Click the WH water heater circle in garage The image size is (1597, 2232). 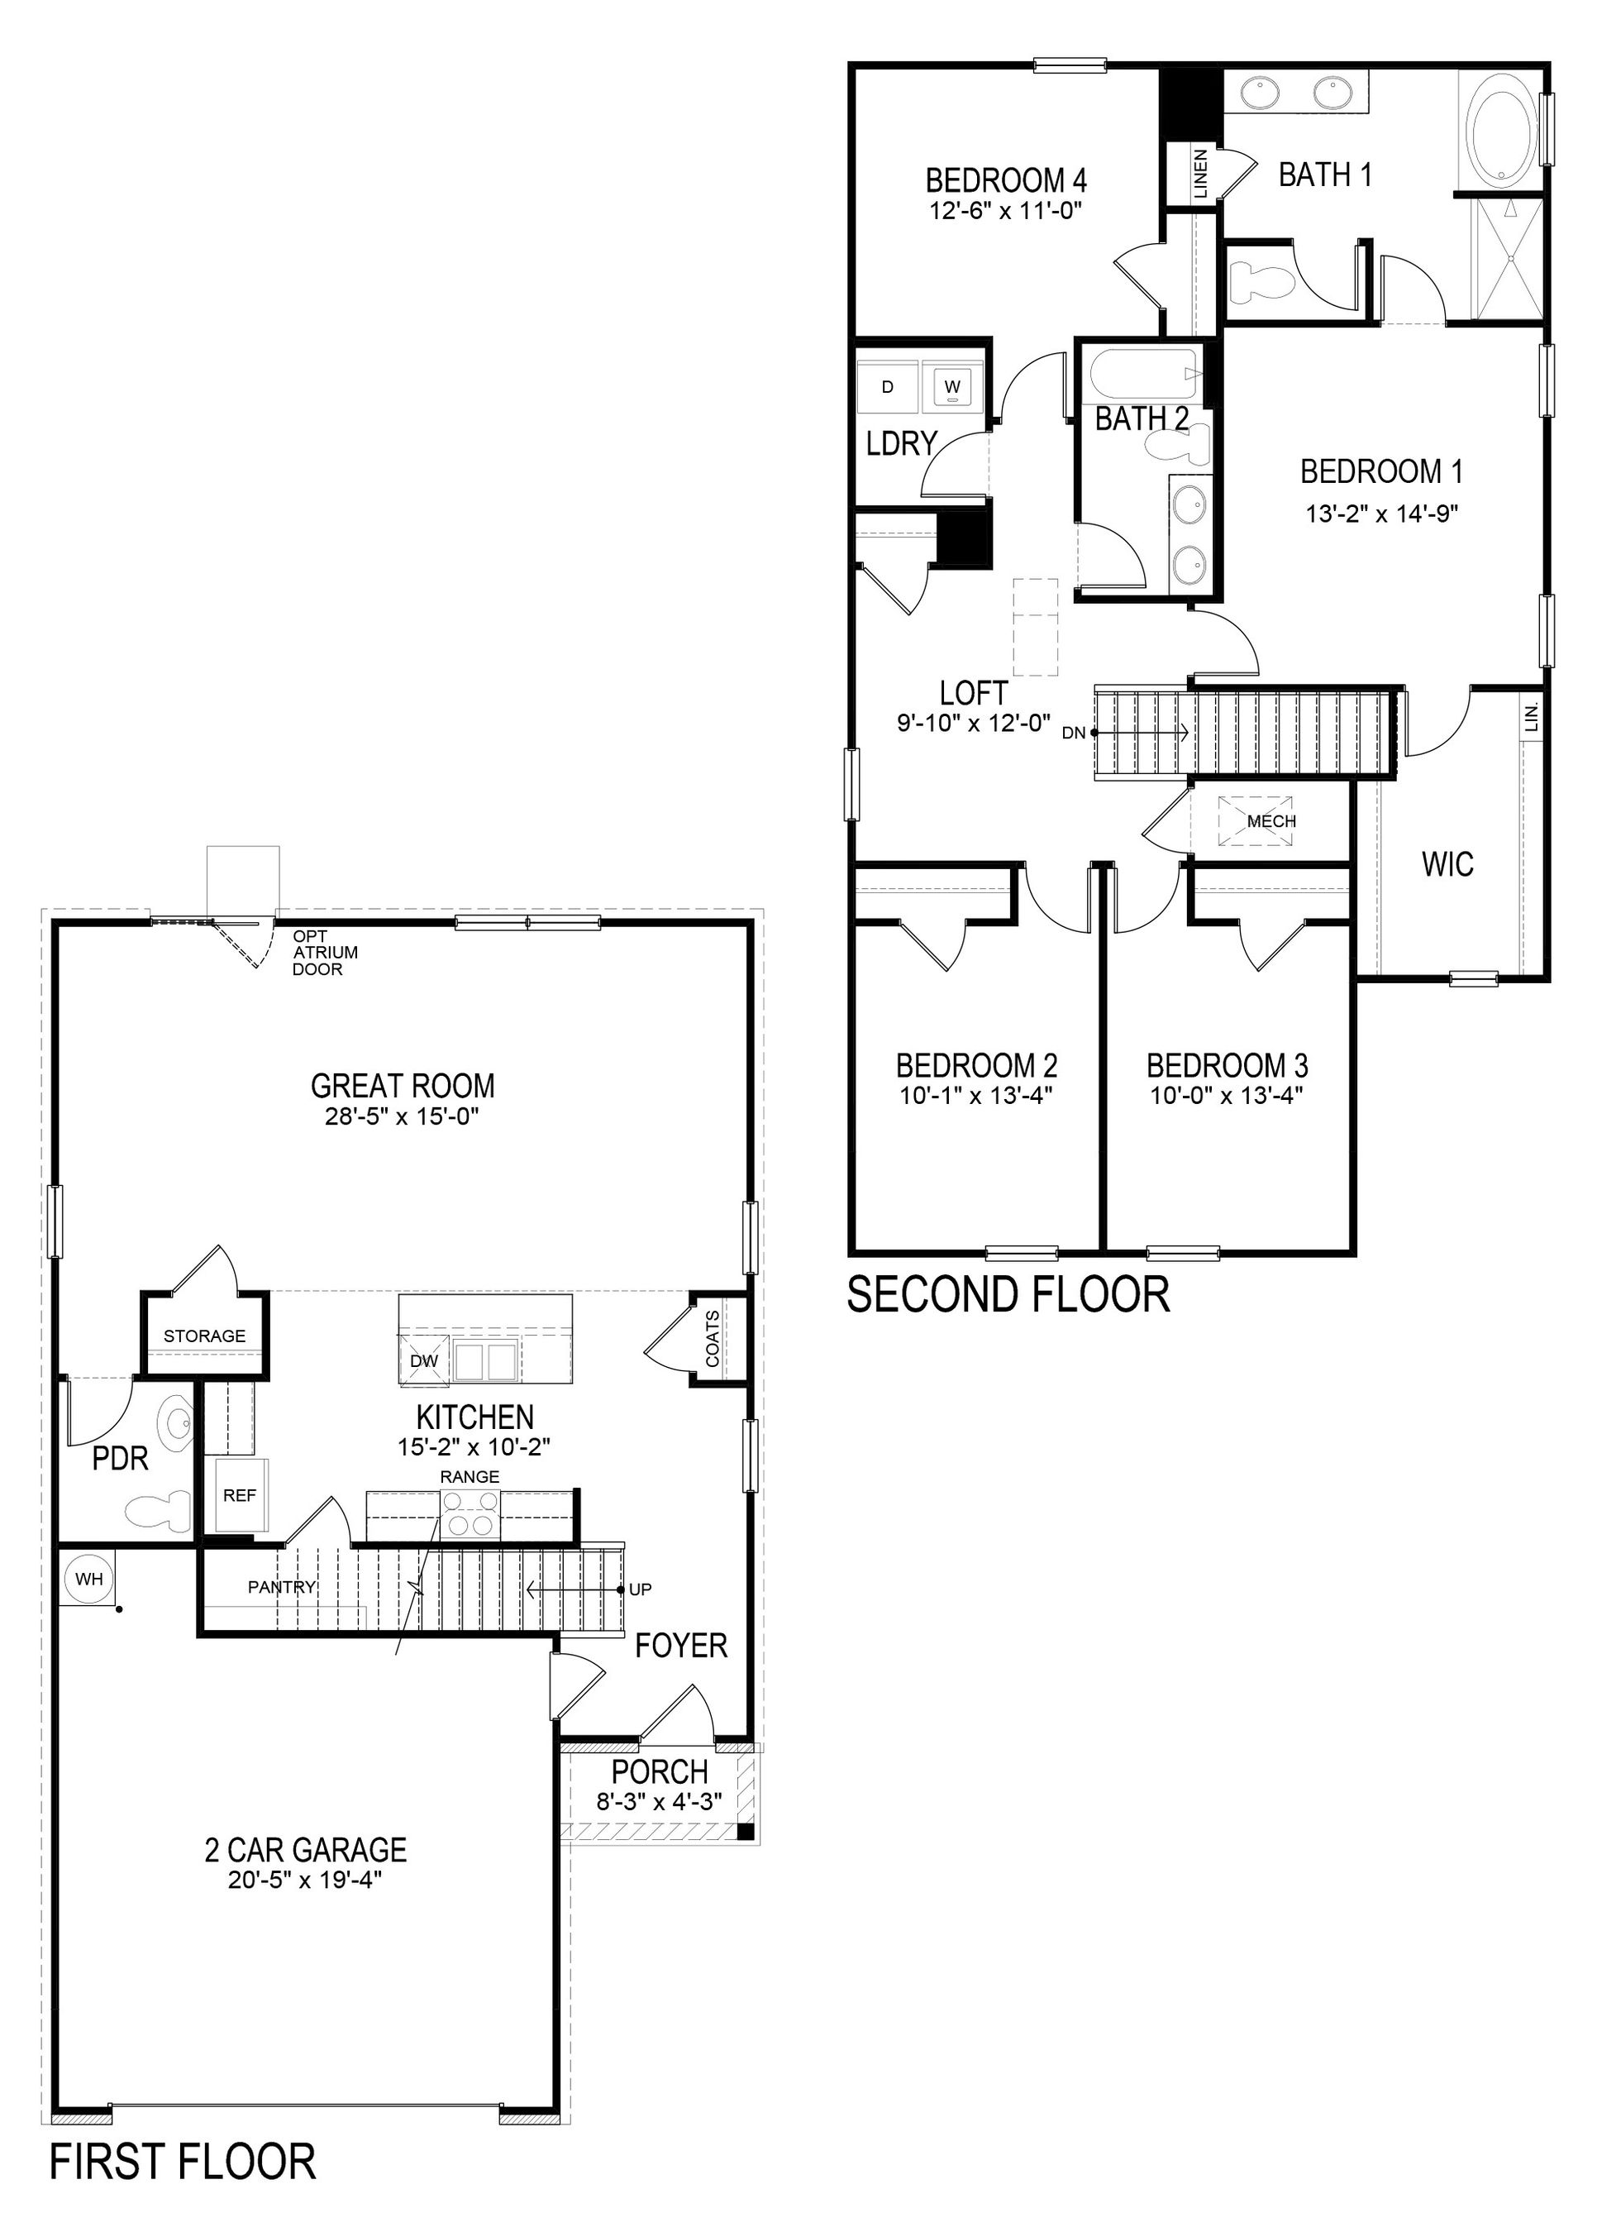(88, 1580)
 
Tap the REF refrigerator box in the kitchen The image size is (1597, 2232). (239, 1495)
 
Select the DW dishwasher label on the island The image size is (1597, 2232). (424, 1360)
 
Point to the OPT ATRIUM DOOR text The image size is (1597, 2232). (317, 952)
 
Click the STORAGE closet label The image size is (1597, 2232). (203, 1336)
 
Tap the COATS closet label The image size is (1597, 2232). (713, 1338)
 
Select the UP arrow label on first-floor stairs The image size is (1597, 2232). (640, 1589)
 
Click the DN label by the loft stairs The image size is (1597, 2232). (1074, 733)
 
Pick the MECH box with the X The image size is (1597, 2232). (1255, 820)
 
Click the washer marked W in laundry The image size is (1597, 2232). (951, 386)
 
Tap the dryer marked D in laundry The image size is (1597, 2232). (887, 386)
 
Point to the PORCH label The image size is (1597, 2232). (659, 1772)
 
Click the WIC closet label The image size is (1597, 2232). (1447, 865)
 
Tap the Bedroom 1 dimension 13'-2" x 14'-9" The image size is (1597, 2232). (1380, 514)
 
